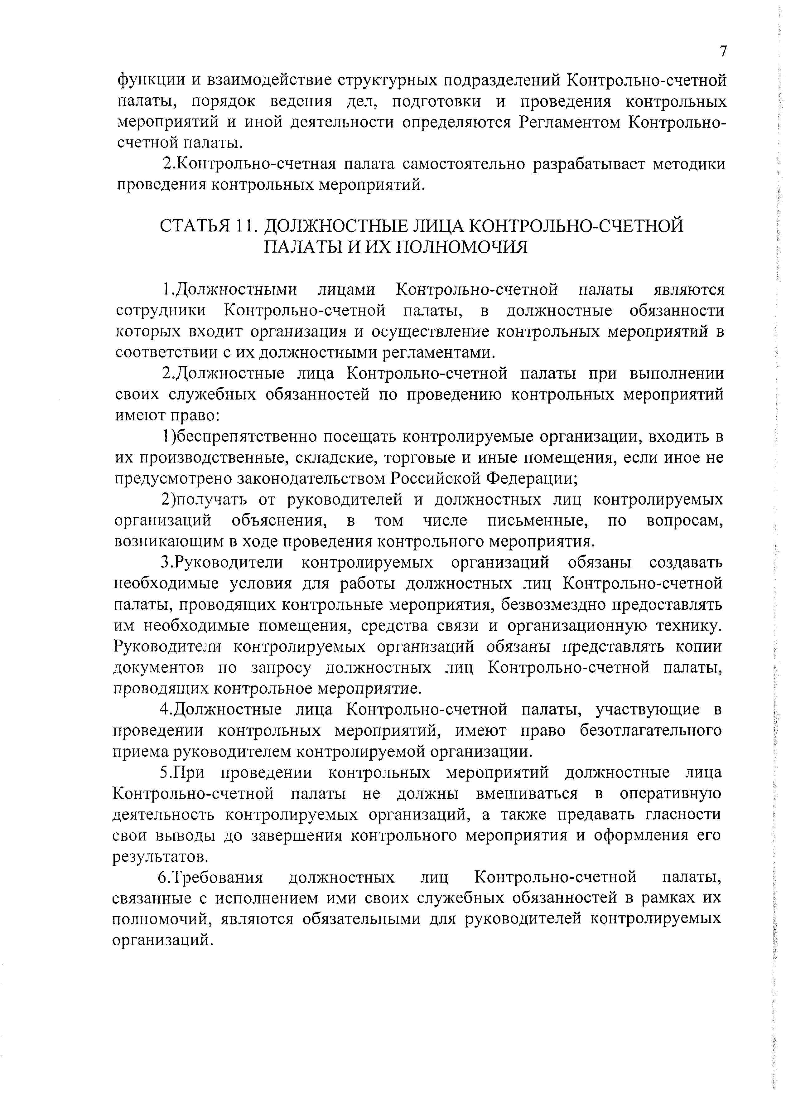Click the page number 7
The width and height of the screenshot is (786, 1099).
[723, 51]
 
